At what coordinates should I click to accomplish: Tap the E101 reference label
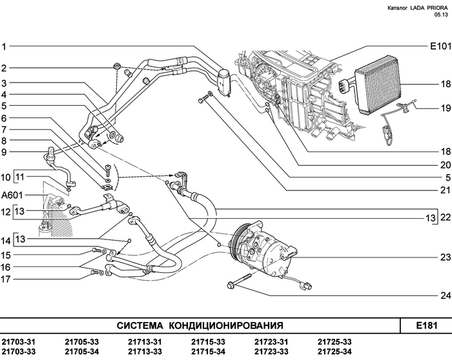point(439,46)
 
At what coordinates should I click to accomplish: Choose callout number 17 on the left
point(5,279)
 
